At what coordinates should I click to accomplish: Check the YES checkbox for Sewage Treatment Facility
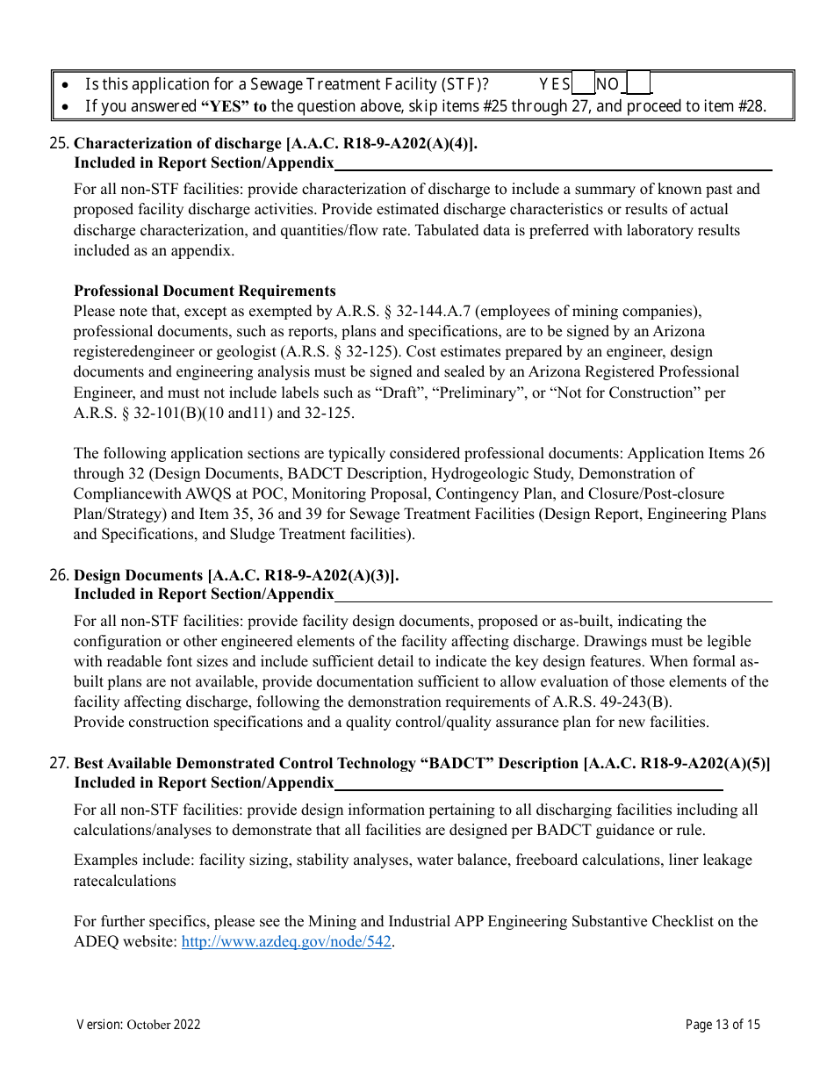click(583, 84)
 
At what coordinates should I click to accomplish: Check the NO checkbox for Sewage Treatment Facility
click(639, 84)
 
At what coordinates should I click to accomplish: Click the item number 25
click(61, 143)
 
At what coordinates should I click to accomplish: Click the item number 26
click(61, 575)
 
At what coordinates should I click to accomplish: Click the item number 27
click(61, 763)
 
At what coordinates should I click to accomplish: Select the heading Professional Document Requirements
click(205, 291)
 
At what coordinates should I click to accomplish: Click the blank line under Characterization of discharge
click(553, 163)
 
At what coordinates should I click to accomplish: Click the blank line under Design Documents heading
click(553, 595)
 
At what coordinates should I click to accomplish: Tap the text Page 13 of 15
click(723, 1024)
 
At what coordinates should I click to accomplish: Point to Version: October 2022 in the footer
click(139, 1024)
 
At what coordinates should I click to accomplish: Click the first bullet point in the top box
click(68, 85)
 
